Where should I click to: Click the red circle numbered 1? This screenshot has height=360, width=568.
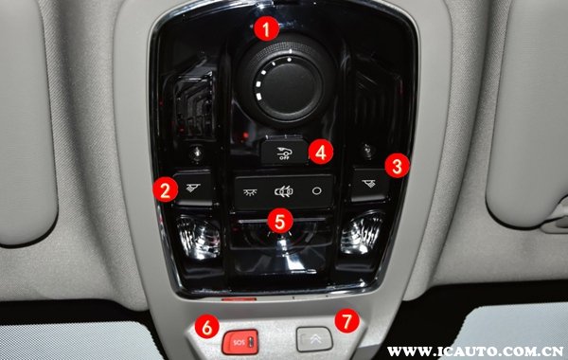(x=267, y=28)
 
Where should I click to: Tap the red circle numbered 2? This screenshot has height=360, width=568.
(x=166, y=189)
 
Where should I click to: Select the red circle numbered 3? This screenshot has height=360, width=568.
(x=398, y=166)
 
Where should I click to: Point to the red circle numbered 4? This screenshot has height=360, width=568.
(x=321, y=152)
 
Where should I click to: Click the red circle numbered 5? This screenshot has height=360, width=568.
(x=280, y=221)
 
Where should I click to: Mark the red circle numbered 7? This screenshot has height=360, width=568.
(x=347, y=320)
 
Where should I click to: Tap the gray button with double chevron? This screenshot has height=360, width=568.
(x=314, y=339)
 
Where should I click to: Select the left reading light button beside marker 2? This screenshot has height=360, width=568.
(x=193, y=188)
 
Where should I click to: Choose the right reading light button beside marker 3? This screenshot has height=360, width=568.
(x=369, y=185)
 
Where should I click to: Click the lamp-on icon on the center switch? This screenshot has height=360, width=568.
(x=250, y=192)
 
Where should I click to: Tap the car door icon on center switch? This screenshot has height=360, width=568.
(x=284, y=191)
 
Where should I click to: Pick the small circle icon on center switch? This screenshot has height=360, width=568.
(x=316, y=190)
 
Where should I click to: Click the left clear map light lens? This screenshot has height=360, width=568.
(x=198, y=237)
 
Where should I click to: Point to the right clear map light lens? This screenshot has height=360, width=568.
(x=362, y=233)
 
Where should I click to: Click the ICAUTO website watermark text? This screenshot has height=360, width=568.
(x=475, y=351)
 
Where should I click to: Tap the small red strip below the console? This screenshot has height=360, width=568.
(x=239, y=299)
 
